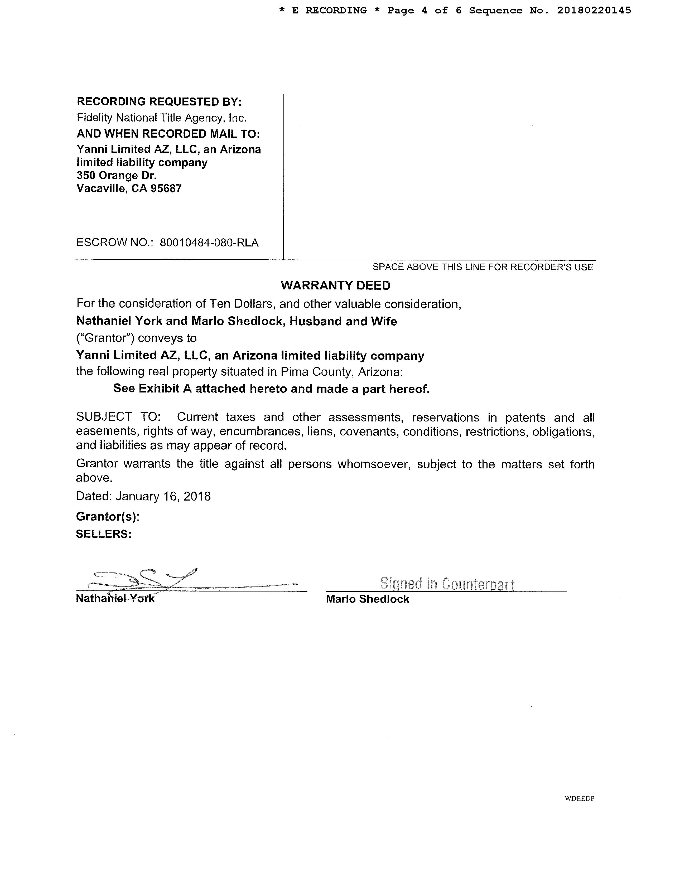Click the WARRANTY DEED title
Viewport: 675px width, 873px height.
coord(335,285)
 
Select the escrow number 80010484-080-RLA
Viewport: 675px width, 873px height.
coord(209,243)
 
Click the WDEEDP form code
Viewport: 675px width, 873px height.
coord(580,798)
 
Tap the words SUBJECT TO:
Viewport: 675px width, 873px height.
coord(118,417)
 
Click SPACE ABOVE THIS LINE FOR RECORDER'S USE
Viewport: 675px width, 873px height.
coord(483,267)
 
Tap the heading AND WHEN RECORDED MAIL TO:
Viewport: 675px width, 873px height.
coord(168,134)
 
